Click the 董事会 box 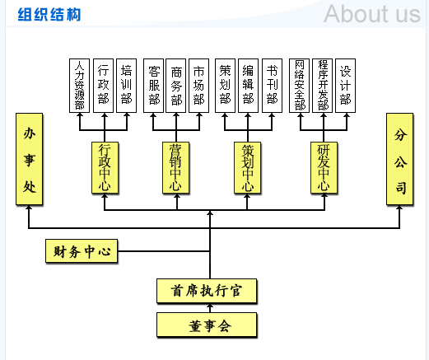207,325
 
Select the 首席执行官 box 207,291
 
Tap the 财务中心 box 82,251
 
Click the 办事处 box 29,159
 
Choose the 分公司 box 399,159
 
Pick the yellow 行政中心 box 105,168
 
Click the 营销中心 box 175,168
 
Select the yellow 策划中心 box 247,168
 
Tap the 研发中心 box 324,168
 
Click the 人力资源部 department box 79,86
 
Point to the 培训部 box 126,86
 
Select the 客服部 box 153,86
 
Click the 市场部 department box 198,86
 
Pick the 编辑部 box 248,86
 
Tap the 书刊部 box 272,86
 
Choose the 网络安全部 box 299,86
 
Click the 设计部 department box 345,86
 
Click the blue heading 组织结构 49,15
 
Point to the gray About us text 372,14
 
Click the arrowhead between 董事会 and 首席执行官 210,306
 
